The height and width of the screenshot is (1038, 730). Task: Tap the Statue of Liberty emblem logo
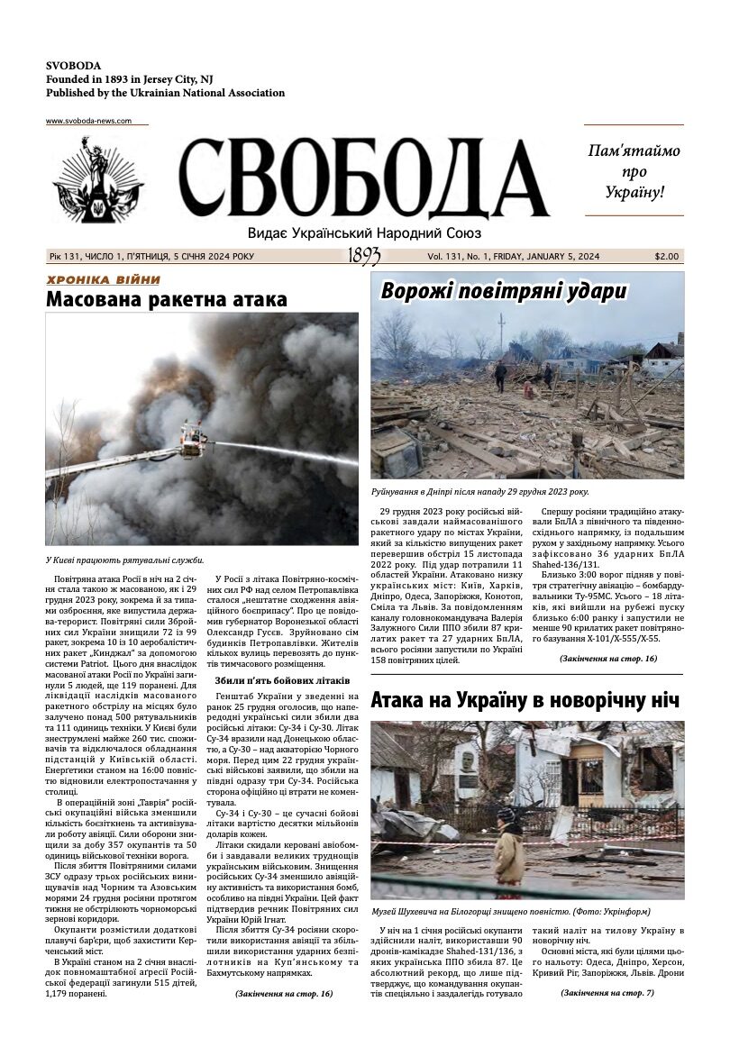(x=97, y=180)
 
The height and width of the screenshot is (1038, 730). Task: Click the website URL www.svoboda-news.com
(x=88, y=121)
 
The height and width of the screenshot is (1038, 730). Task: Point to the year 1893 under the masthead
(x=363, y=257)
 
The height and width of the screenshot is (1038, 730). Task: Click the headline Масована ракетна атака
(x=167, y=300)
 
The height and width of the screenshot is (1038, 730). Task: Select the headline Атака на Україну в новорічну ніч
(x=525, y=700)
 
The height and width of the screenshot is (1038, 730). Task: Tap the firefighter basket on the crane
(x=193, y=440)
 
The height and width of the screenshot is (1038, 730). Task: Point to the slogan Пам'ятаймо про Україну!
(x=634, y=170)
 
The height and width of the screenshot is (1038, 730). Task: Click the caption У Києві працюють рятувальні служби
(x=125, y=560)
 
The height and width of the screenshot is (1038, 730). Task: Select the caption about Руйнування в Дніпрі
(x=479, y=492)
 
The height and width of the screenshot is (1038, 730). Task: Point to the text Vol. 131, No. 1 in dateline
(x=458, y=256)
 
